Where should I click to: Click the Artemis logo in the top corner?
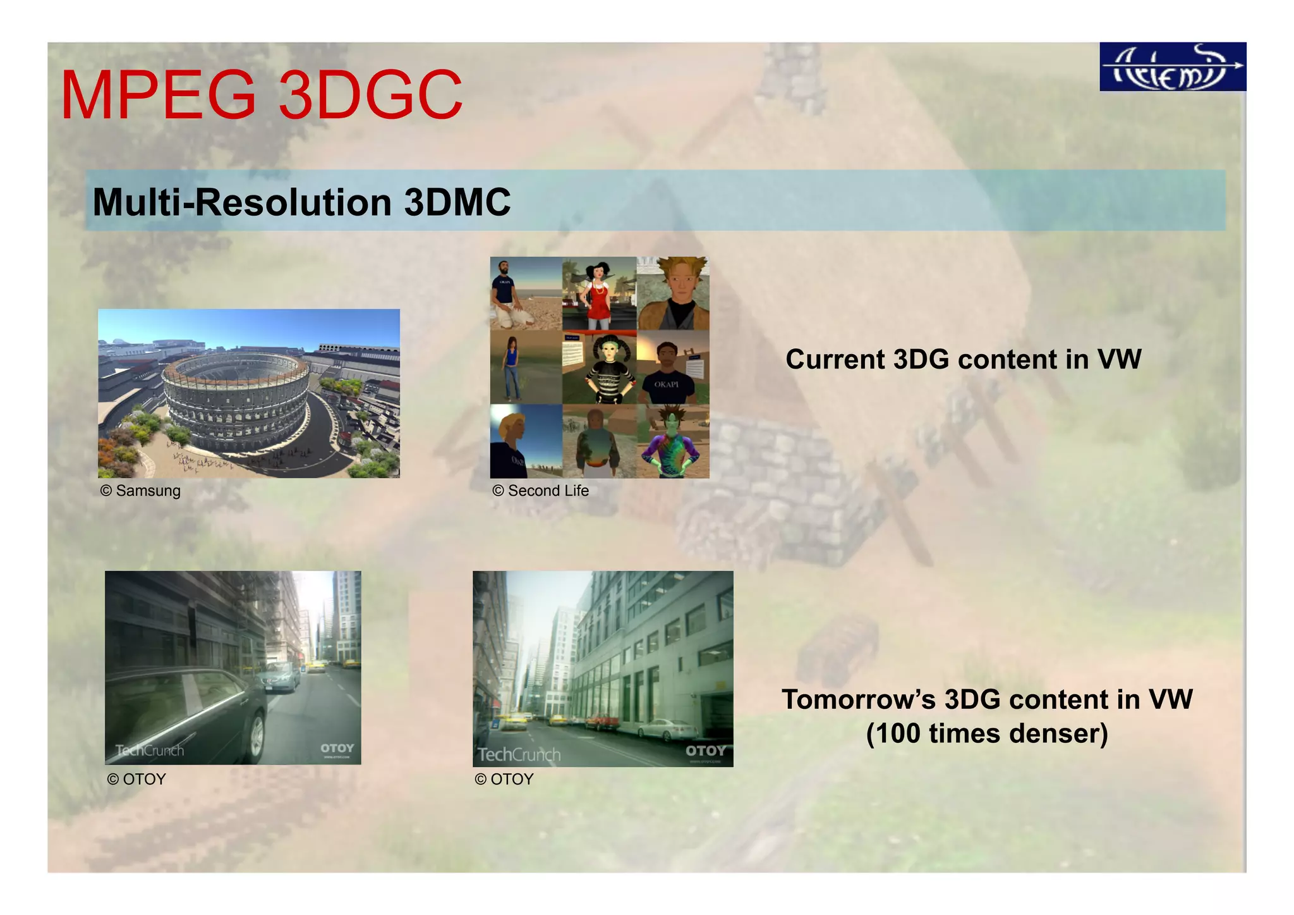pyautogui.click(x=1172, y=67)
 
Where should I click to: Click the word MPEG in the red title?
pyautogui.click(x=158, y=96)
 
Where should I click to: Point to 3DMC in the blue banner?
pyautogui.click(x=457, y=202)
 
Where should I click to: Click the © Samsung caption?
pyautogui.click(x=140, y=491)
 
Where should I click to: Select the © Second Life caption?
pyautogui.click(x=540, y=491)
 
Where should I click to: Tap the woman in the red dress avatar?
pyautogui.click(x=597, y=294)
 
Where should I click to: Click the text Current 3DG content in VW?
pyautogui.click(x=963, y=360)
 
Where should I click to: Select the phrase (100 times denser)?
pyautogui.click(x=986, y=734)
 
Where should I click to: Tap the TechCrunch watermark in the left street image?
pyautogui.click(x=149, y=751)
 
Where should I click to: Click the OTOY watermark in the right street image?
pyautogui.click(x=705, y=751)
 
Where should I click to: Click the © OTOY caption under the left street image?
pyautogui.click(x=136, y=779)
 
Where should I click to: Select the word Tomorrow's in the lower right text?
pyautogui.click(x=859, y=699)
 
